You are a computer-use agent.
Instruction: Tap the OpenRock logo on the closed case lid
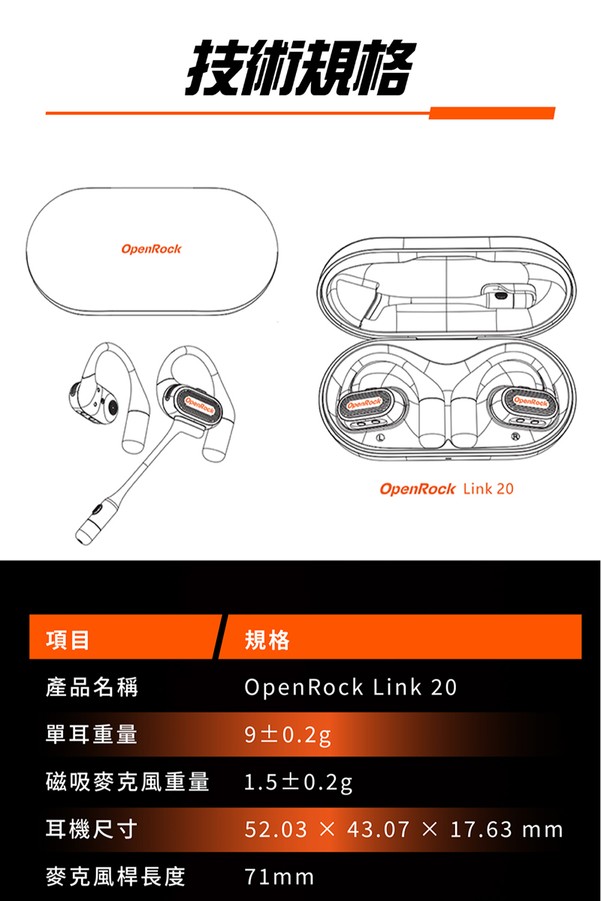(151, 249)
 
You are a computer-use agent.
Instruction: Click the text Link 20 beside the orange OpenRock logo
(488, 490)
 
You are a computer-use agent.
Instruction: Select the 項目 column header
(68, 640)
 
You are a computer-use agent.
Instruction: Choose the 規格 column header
(267, 640)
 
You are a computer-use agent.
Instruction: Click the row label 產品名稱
(92, 687)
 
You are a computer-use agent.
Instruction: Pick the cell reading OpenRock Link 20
(350, 687)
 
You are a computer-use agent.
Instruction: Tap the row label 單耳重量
(92, 734)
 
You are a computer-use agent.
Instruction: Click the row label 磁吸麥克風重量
(128, 782)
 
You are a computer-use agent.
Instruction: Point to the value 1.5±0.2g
(298, 782)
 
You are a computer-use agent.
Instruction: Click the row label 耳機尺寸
(92, 829)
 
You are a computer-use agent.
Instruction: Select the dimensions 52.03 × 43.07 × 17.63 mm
(403, 829)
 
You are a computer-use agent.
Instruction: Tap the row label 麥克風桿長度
(116, 876)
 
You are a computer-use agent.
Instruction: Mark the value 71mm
(279, 876)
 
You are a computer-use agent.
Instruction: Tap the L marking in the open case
(381, 437)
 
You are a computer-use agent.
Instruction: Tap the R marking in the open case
(515, 437)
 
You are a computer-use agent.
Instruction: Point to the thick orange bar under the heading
(491, 113)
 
